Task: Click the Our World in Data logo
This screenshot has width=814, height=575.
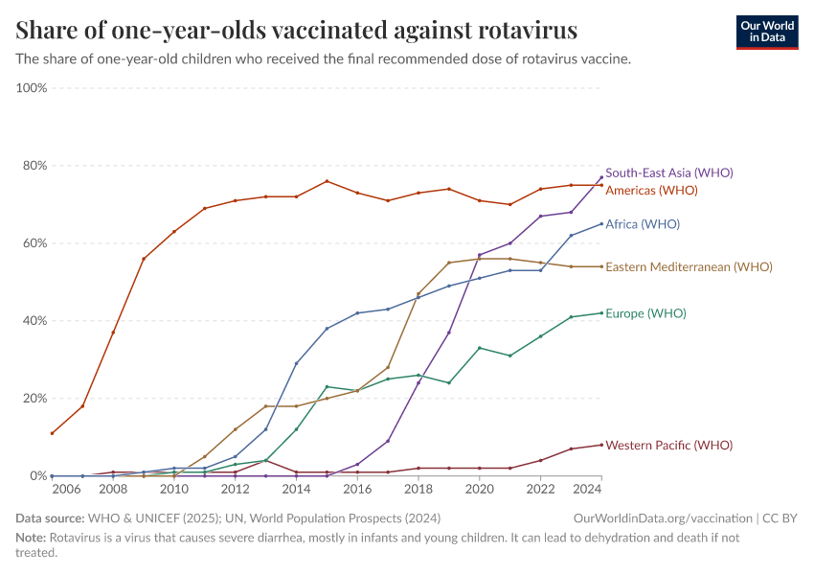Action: tap(767, 33)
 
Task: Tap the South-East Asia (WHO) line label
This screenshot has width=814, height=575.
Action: tap(669, 172)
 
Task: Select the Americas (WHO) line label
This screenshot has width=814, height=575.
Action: tap(651, 190)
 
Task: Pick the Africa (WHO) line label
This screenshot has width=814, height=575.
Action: tap(643, 224)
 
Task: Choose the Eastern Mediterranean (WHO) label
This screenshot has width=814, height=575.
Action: tap(689, 266)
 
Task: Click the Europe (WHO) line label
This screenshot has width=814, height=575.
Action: tap(645, 313)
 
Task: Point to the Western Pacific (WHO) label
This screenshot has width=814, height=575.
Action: tap(669, 445)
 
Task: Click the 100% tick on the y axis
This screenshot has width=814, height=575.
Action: tap(32, 88)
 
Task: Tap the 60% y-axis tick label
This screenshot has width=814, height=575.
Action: tap(34, 243)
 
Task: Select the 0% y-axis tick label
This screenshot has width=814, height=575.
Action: tap(38, 475)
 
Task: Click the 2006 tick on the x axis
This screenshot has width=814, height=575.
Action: tap(67, 489)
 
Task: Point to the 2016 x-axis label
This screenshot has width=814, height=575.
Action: tap(357, 489)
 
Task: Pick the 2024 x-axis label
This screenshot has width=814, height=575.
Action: tap(588, 489)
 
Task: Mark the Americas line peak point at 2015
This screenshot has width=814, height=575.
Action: tap(327, 181)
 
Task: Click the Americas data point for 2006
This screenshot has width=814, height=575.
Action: tap(52, 433)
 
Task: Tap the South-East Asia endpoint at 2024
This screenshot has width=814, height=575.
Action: tap(601, 177)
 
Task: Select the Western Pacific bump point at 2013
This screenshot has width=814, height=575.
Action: tap(266, 460)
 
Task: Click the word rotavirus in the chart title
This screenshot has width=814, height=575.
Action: tap(528, 30)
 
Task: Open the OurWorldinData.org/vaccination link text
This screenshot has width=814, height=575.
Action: tap(663, 518)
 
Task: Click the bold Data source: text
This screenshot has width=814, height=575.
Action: tap(50, 518)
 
